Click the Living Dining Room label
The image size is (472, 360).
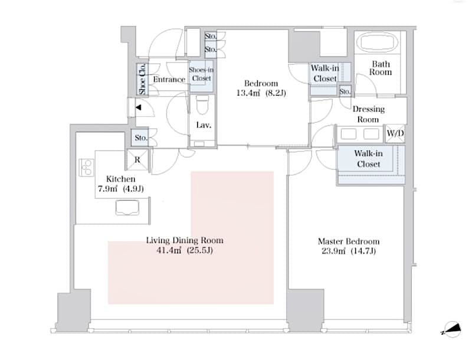point(185,240)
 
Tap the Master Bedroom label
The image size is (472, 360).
point(348,241)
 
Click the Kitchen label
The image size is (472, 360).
point(120,179)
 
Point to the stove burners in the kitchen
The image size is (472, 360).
point(87,167)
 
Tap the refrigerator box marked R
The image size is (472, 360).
point(137,159)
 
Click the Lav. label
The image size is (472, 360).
point(204,125)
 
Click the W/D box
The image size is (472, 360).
point(395,133)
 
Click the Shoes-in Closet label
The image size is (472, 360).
point(200,74)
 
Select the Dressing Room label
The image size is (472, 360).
point(368,114)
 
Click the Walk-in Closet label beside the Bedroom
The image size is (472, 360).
point(325,74)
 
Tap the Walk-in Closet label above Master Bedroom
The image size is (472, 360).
point(368,158)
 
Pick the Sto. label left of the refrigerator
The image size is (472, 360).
point(140,138)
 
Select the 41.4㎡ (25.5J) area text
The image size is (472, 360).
point(185,251)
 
